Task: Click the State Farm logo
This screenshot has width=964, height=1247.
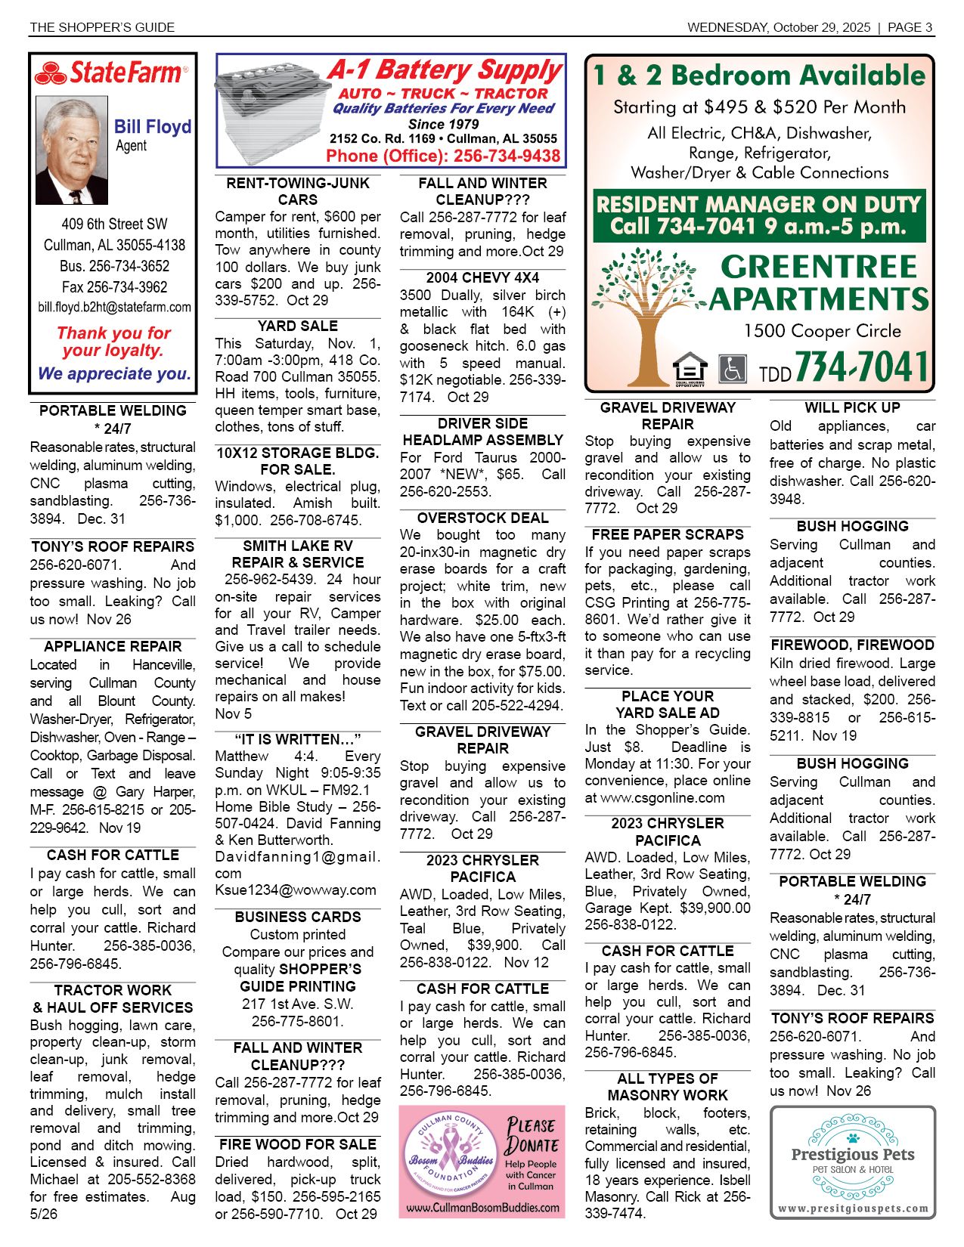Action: (111, 73)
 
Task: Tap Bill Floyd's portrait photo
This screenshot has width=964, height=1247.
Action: (72, 150)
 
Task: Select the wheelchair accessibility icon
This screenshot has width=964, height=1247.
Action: (731, 369)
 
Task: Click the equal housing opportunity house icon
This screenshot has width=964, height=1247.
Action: (689, 368)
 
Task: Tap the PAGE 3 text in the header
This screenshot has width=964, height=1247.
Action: (910, 27)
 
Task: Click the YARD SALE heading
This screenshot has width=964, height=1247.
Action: (298, 326)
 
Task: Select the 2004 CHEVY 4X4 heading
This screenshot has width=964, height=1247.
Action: (482, 277)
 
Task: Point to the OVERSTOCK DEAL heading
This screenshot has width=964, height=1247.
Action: (482, 518)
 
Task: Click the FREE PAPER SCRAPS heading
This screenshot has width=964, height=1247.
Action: (668, 534)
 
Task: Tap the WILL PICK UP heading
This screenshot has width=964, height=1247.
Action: (852, 407)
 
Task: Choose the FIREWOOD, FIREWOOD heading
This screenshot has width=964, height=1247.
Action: (852, 645)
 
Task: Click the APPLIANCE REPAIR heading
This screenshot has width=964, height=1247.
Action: (113, 646)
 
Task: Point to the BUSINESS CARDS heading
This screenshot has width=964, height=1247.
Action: (298, 917)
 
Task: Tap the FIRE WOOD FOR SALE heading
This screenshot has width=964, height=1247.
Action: (298, 1144)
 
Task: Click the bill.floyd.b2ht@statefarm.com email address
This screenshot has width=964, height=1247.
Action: (114, 308)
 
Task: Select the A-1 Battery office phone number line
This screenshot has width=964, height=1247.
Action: (443, 156)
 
